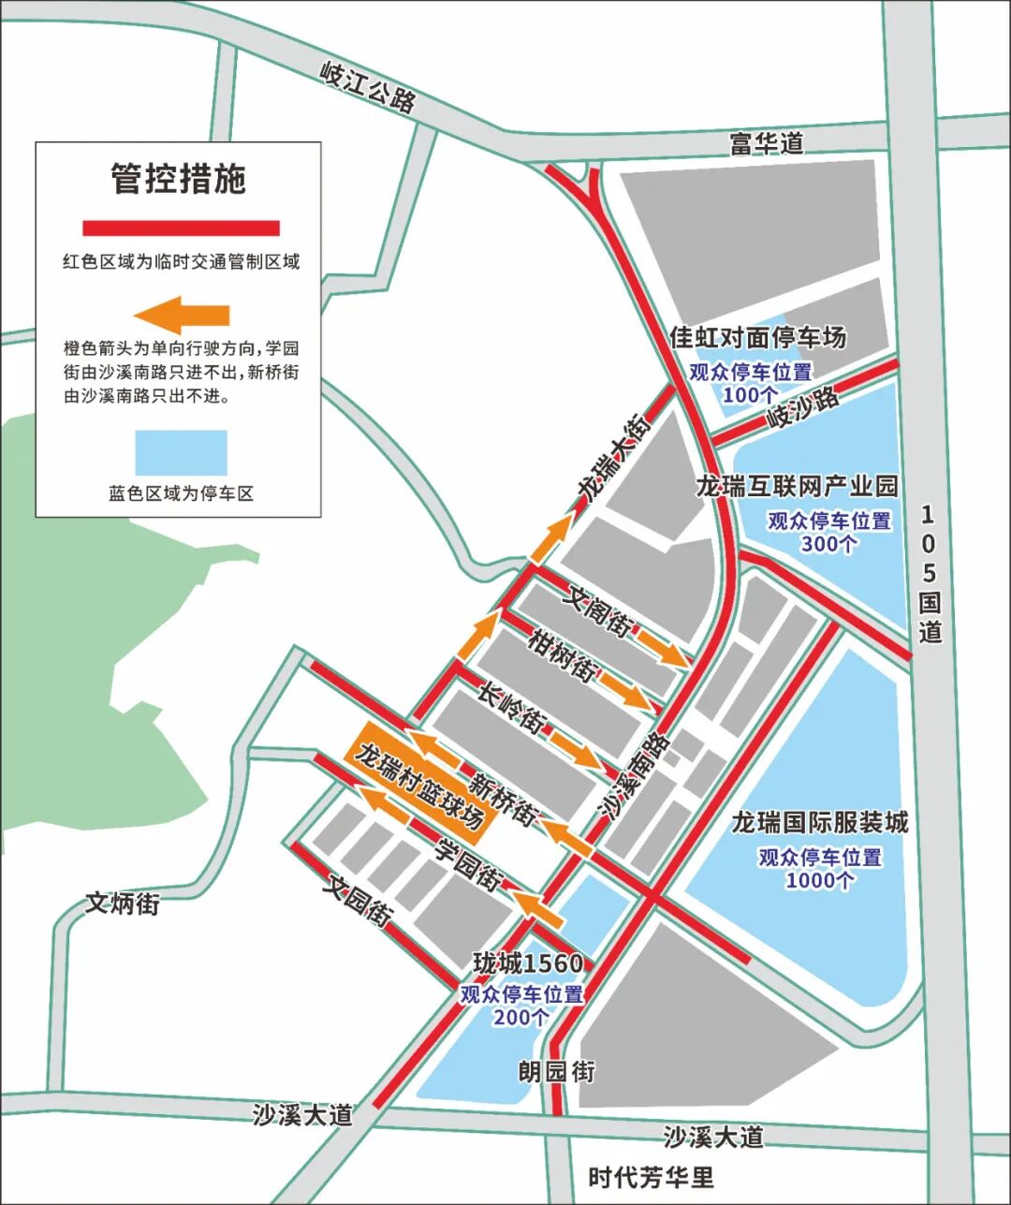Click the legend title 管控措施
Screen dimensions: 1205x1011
coord(179,179)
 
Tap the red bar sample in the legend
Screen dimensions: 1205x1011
coord(182,228)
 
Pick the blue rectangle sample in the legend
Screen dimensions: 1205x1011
coord(182,453)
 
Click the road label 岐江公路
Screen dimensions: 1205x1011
coord(368,88)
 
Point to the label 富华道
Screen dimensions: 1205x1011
coord(767,143)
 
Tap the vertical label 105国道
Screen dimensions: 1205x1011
coord(929,573)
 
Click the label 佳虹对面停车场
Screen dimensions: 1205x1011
coord(758,337)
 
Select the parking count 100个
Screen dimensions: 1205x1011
coord(750,395)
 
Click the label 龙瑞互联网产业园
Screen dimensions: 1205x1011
coord(797,485)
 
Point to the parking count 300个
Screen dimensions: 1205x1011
coord(828,543)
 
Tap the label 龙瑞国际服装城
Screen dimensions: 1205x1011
coord(819,822)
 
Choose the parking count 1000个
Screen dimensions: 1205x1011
coord(819,880)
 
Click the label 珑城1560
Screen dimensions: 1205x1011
coord(528,963)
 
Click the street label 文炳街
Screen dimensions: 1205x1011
coord(123,904)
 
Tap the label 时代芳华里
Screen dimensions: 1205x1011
coord(651,1177)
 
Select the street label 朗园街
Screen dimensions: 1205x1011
coord(557,1071)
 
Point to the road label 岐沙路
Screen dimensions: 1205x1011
coord(803,408)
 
